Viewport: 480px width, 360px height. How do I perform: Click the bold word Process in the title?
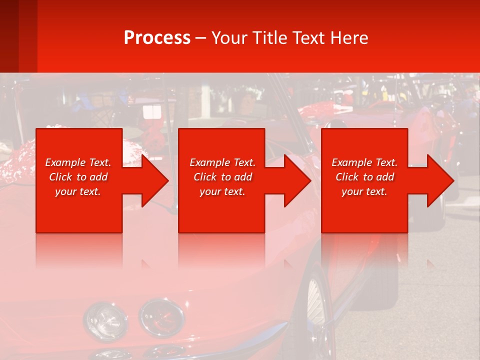157,38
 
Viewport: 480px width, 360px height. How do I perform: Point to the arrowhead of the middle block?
296,180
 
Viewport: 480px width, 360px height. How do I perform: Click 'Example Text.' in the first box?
78,162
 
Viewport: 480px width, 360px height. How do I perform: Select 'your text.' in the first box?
78,191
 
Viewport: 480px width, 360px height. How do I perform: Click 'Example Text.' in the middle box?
222,162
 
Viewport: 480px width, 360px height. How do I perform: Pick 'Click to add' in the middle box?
222,177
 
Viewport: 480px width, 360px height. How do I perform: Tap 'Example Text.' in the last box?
364,162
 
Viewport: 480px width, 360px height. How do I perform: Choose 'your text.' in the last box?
364,191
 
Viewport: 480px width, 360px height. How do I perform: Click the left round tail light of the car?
98,318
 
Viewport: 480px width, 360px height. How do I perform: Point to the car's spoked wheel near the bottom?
316,305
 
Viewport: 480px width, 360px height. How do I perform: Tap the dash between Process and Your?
201,38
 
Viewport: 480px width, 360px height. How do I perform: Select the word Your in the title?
230,38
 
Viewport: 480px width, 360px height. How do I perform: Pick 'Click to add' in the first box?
78,177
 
